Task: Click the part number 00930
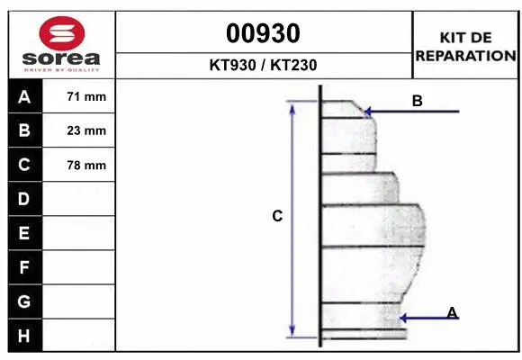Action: pos(263,33)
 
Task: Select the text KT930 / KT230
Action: pos(263,65)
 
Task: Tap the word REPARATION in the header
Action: pos(465,55)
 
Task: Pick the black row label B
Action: pos(24,130)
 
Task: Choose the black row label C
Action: pos(24,165)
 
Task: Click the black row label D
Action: pos(24,199)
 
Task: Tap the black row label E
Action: pos(24,233)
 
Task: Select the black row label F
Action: pos(24,267)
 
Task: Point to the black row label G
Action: pos(24,301)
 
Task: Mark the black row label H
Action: pos(24,335)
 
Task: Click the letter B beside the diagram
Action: pos(417,101)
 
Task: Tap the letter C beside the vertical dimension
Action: pos(277,216)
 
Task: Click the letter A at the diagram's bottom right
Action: pos(452,311)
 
